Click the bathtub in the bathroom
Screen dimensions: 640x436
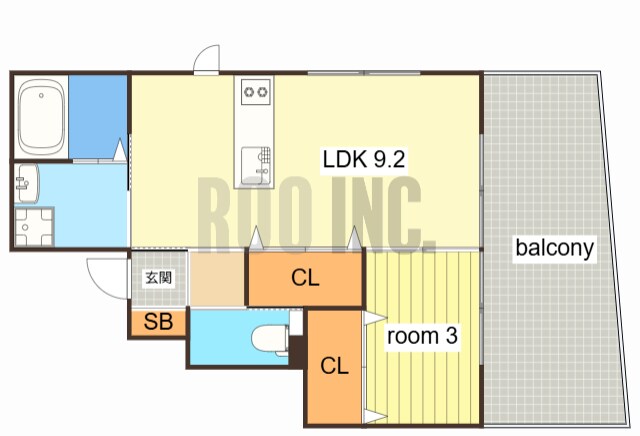[x=41, y=116]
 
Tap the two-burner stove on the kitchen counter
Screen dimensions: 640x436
[x=256, y=92]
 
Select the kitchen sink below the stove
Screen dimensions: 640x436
[x=256, y=166]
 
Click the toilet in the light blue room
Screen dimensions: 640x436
[x=270, y=339]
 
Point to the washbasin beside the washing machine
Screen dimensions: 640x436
[x=27, y=183]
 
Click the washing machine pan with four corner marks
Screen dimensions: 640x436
[x=34, y=227]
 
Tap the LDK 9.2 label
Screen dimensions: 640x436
[x=363, y=159]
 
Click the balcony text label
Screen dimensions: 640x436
[x=554, y=248]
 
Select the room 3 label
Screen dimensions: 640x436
[x=422, y=336]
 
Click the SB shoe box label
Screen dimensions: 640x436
[x=158, y=322]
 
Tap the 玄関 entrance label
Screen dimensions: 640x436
[x=158, y=278]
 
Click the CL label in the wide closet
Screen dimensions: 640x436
[x=305, y=278]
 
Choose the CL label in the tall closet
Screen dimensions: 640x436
[x=334, y=366]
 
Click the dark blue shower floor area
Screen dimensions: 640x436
[x=98, y=117]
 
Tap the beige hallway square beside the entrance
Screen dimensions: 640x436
[x=217, y=279]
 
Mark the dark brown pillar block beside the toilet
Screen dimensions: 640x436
[x=297, y=351]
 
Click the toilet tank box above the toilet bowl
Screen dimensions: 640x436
[x=296, y=323]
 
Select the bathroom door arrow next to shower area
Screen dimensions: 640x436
[x=120, y=150]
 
